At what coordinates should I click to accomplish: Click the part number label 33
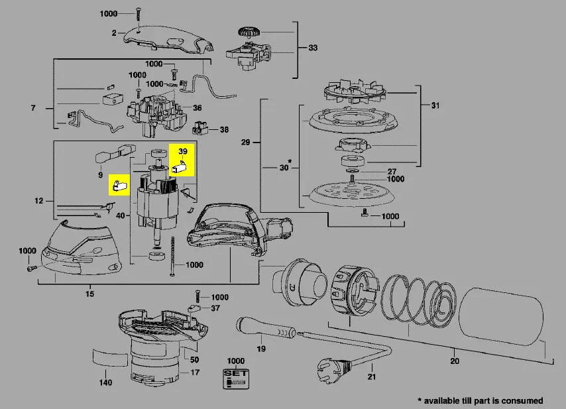point(313,48)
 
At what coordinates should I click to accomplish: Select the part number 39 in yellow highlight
point(184,152)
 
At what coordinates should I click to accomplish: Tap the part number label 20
point(454,362)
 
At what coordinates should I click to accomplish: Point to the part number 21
point(371,377)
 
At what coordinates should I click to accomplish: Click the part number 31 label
point(435,105)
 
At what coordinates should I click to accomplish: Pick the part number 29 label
point(245,143)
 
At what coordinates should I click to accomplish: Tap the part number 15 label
point(91,294)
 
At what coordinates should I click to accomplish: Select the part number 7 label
point(32,107)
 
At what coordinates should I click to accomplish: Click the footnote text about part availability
point(480,400)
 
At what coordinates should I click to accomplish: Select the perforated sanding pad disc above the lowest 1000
point(351,192)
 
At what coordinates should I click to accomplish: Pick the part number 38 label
point(224,129)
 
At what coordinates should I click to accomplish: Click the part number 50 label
point(195,360)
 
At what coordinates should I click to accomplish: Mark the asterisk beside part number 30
point(290,161)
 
